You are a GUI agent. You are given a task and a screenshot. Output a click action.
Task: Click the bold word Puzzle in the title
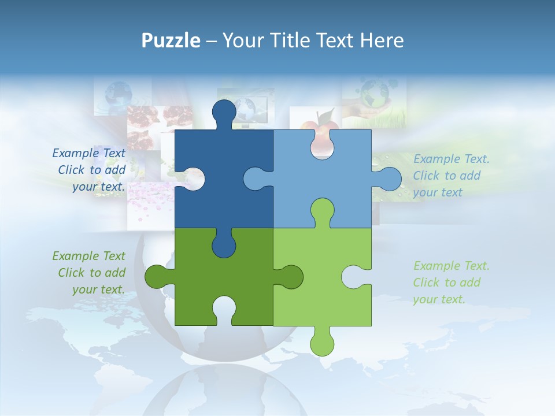[171, 40]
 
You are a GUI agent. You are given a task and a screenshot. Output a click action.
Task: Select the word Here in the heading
[382, 40]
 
